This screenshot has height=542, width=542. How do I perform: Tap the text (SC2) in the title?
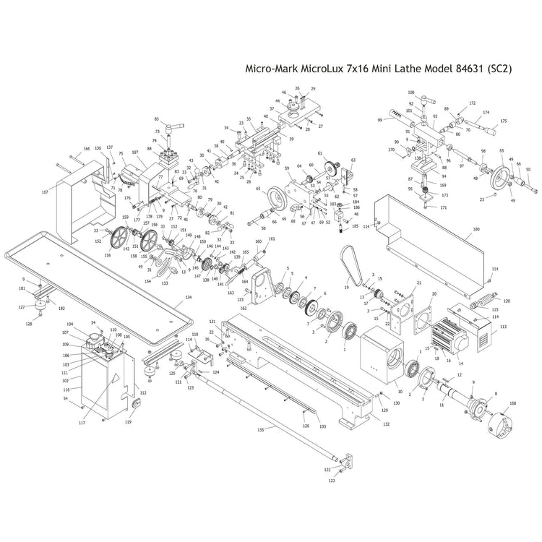pyautogui.click(x=499, y=69)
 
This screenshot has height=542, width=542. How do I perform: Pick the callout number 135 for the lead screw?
pyautogui.click(x=261, y=429)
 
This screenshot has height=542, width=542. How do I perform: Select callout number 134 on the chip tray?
pyautogui.click(x=189, y=298)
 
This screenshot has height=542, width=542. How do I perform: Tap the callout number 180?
pyautogui.click(x=476, y=230)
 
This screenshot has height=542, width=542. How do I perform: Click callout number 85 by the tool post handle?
pyautogui.click(x=156, y=119)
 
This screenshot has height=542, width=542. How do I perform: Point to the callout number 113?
pyautogui.click(x=503, y=327)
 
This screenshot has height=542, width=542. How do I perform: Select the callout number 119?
pyautogui.click(x=129, y=421)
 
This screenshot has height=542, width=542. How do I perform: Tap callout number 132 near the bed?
pyautogui.click(x=386, y=423)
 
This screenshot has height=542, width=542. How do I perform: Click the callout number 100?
pyautogui.click(x=411, y=93)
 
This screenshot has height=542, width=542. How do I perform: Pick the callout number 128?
pyautogui.click(x=29, y=324)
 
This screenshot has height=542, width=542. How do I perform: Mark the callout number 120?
pyautogui.click(x=507, y=301)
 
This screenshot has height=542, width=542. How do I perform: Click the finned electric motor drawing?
pyautogui.click(x=451, y=332)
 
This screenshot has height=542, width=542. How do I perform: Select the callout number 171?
pyautogui.click(x=444, y=207)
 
